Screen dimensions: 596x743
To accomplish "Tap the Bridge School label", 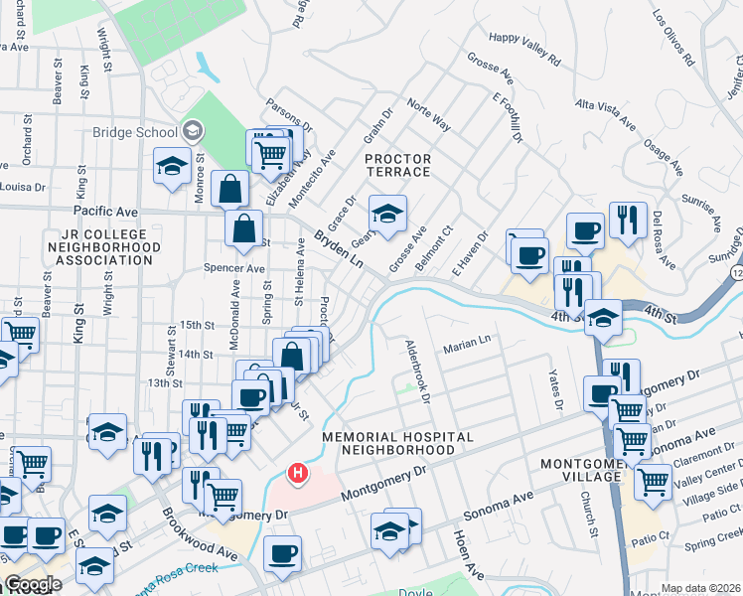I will pos(133,132).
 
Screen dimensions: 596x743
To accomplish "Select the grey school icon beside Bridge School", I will pos(192,131).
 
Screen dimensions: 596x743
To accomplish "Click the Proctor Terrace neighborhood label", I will pos(397,165).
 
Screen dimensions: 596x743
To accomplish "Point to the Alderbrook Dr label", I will pos(417,372).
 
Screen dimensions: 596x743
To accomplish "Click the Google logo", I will pos(32,583).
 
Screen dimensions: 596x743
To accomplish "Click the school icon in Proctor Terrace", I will pos(388,214).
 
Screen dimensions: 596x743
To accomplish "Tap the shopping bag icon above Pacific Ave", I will pos(229,190).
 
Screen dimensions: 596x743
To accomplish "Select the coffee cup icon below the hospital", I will pos(283,553).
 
